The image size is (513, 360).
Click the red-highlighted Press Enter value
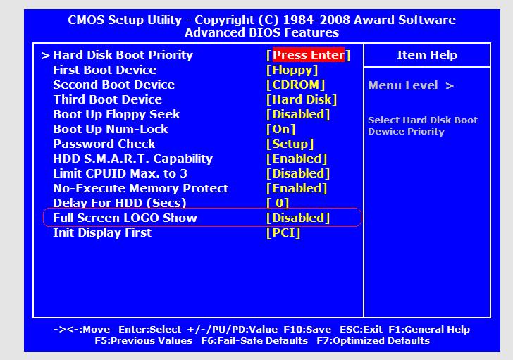click(x=308, y=55)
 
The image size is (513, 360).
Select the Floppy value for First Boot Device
click(x=292, y=70)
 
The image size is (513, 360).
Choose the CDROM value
click(x=295, y=85)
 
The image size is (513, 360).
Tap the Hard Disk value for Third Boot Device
click(x=302, y=99)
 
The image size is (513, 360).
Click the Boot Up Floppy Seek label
click(x=116, y=114)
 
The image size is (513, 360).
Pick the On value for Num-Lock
click(x=280, y=129)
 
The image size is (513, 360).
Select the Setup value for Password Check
click(x=290, y=144)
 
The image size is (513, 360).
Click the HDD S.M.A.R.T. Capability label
click(x=132, y=159)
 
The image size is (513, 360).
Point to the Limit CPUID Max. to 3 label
click(x=120, y=173)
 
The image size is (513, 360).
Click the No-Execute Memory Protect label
click(x=141, y=188)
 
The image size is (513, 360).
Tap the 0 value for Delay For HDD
click(x=278, y=203)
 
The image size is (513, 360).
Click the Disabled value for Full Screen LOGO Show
click(x=298, y=218)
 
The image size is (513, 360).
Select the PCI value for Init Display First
click(x=283, y=232)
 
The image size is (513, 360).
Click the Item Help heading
click(x=427, y=55)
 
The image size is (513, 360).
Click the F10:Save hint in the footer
click(x=307, y=329)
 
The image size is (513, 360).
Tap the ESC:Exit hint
click(x=361, y=329)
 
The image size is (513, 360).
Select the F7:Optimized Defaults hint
click(x=373, y=341)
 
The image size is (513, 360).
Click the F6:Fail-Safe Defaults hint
click(x=254, y=341)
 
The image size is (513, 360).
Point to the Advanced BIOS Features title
click(x=261, y=32)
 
